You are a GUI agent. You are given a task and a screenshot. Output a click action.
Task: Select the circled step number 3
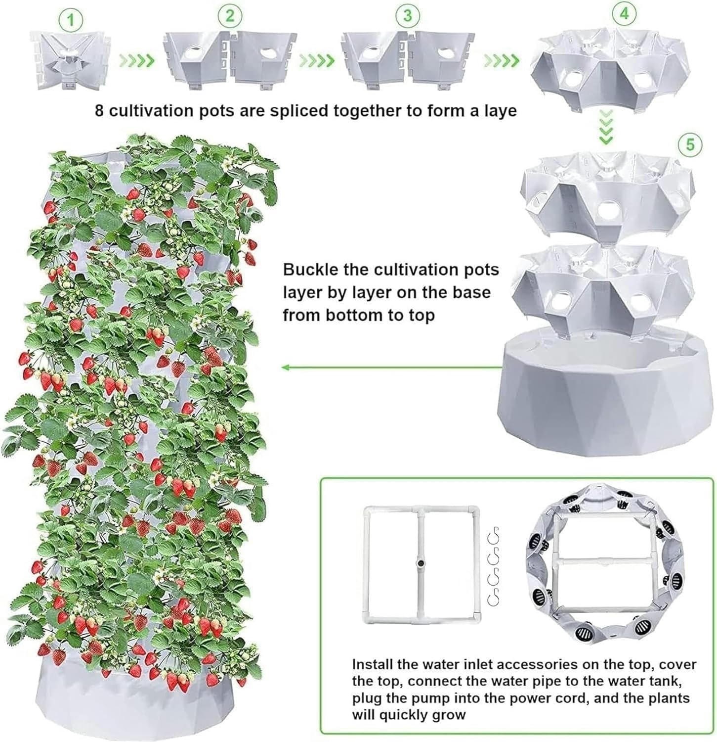coord(407,15)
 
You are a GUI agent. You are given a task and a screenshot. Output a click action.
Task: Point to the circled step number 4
coord(624,14)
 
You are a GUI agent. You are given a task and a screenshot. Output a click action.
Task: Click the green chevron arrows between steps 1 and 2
coord(137,61)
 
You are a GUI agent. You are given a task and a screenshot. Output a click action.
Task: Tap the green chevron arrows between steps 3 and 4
coord(501,61)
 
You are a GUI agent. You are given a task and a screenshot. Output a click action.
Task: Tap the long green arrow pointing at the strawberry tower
coord(390,367)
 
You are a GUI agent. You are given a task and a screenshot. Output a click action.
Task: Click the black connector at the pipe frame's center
coord(421,563)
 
